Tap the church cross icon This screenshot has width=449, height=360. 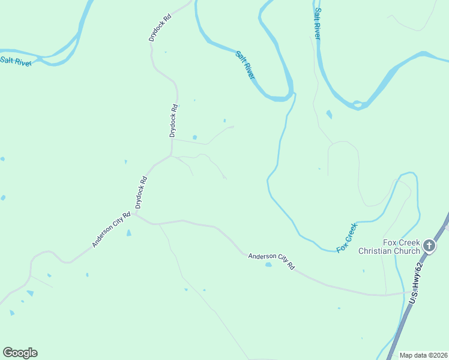pyautogui.click(x=429, y=245)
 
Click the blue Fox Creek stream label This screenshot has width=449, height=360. pyautogui.click(x=347, y=238)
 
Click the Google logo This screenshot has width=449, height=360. pyautogui.click(x=20, y=353)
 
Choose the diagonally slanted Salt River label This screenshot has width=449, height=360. pyautogui.click(x=246, y=65)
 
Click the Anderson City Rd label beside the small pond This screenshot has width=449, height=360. pyautogui.click(x=272, y=260)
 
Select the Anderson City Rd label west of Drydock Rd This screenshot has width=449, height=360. pyautogui.click(x=111, y=229)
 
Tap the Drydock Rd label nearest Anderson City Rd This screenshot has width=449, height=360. pyautogui.click(x=141, y=192)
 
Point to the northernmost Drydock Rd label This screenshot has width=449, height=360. pyautogui.click(x=160, y=28)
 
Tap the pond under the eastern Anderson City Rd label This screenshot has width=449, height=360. pyautogui.click(x=268, y=265)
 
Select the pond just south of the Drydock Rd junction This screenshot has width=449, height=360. pyautogui.click(x=128, y=233)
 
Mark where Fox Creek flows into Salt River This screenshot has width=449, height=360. pyautogui.click(x=294, y=95)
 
